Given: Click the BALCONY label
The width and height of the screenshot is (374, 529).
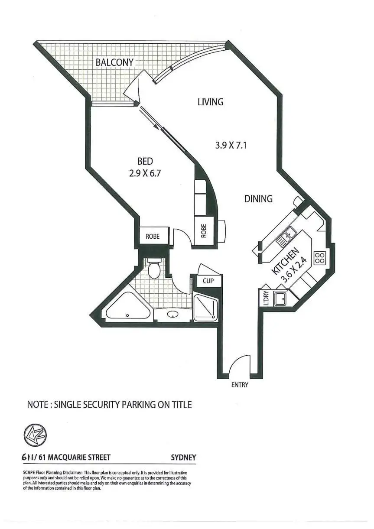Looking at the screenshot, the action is [x=114, y=62].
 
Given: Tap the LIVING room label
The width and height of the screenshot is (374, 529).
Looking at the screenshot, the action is [x=211, y=102].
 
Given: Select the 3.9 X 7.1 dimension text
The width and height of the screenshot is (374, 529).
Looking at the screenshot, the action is [x=231, y=146].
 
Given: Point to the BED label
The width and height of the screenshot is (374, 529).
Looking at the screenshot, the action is [x=145, y=162].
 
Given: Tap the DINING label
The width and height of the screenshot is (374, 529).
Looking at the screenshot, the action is [x=258, y=199].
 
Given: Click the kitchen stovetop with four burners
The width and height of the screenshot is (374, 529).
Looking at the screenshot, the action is [x=320, y=258].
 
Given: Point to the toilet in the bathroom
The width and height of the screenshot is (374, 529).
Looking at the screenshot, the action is [x=154, y=269].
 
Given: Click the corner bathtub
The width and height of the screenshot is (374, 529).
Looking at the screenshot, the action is [x=127, y=307].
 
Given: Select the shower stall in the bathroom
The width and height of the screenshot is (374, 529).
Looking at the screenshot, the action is [x=205, y=308].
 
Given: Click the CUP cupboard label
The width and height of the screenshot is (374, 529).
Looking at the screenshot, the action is [x=208, y=281].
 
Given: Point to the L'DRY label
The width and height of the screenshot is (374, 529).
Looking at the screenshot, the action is [x=266, y=298].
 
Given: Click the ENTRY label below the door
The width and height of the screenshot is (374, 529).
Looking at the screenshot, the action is [x=240, y=385].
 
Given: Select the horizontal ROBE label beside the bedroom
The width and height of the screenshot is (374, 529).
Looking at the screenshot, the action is [x=152, y=237].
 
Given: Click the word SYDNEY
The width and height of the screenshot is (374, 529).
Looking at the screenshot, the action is [x=184, y=458].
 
